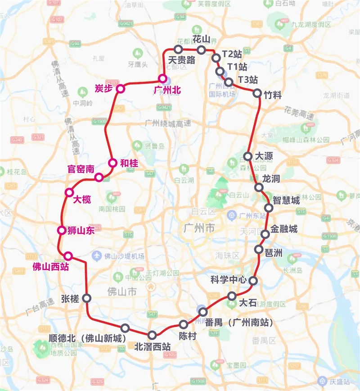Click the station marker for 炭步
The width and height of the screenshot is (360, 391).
120,89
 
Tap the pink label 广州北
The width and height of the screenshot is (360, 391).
167,91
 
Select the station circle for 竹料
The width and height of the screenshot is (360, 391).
257,93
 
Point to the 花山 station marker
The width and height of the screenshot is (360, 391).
201,50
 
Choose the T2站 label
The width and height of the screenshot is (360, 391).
232,55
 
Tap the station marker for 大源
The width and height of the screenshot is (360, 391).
248,156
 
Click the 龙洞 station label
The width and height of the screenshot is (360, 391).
271,179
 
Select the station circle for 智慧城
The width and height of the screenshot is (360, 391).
269,208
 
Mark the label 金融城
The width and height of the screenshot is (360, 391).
284,229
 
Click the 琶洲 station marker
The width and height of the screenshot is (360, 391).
259,249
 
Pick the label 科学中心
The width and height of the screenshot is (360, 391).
229,279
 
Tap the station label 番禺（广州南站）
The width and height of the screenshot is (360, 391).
239,323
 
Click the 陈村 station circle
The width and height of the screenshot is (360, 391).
184,324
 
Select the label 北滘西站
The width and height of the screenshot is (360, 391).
153,347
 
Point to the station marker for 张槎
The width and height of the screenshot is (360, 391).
86,298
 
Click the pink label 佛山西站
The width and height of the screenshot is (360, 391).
51,266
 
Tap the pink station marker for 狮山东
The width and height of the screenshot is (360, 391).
62,231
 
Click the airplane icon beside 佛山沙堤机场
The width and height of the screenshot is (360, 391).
96,256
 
